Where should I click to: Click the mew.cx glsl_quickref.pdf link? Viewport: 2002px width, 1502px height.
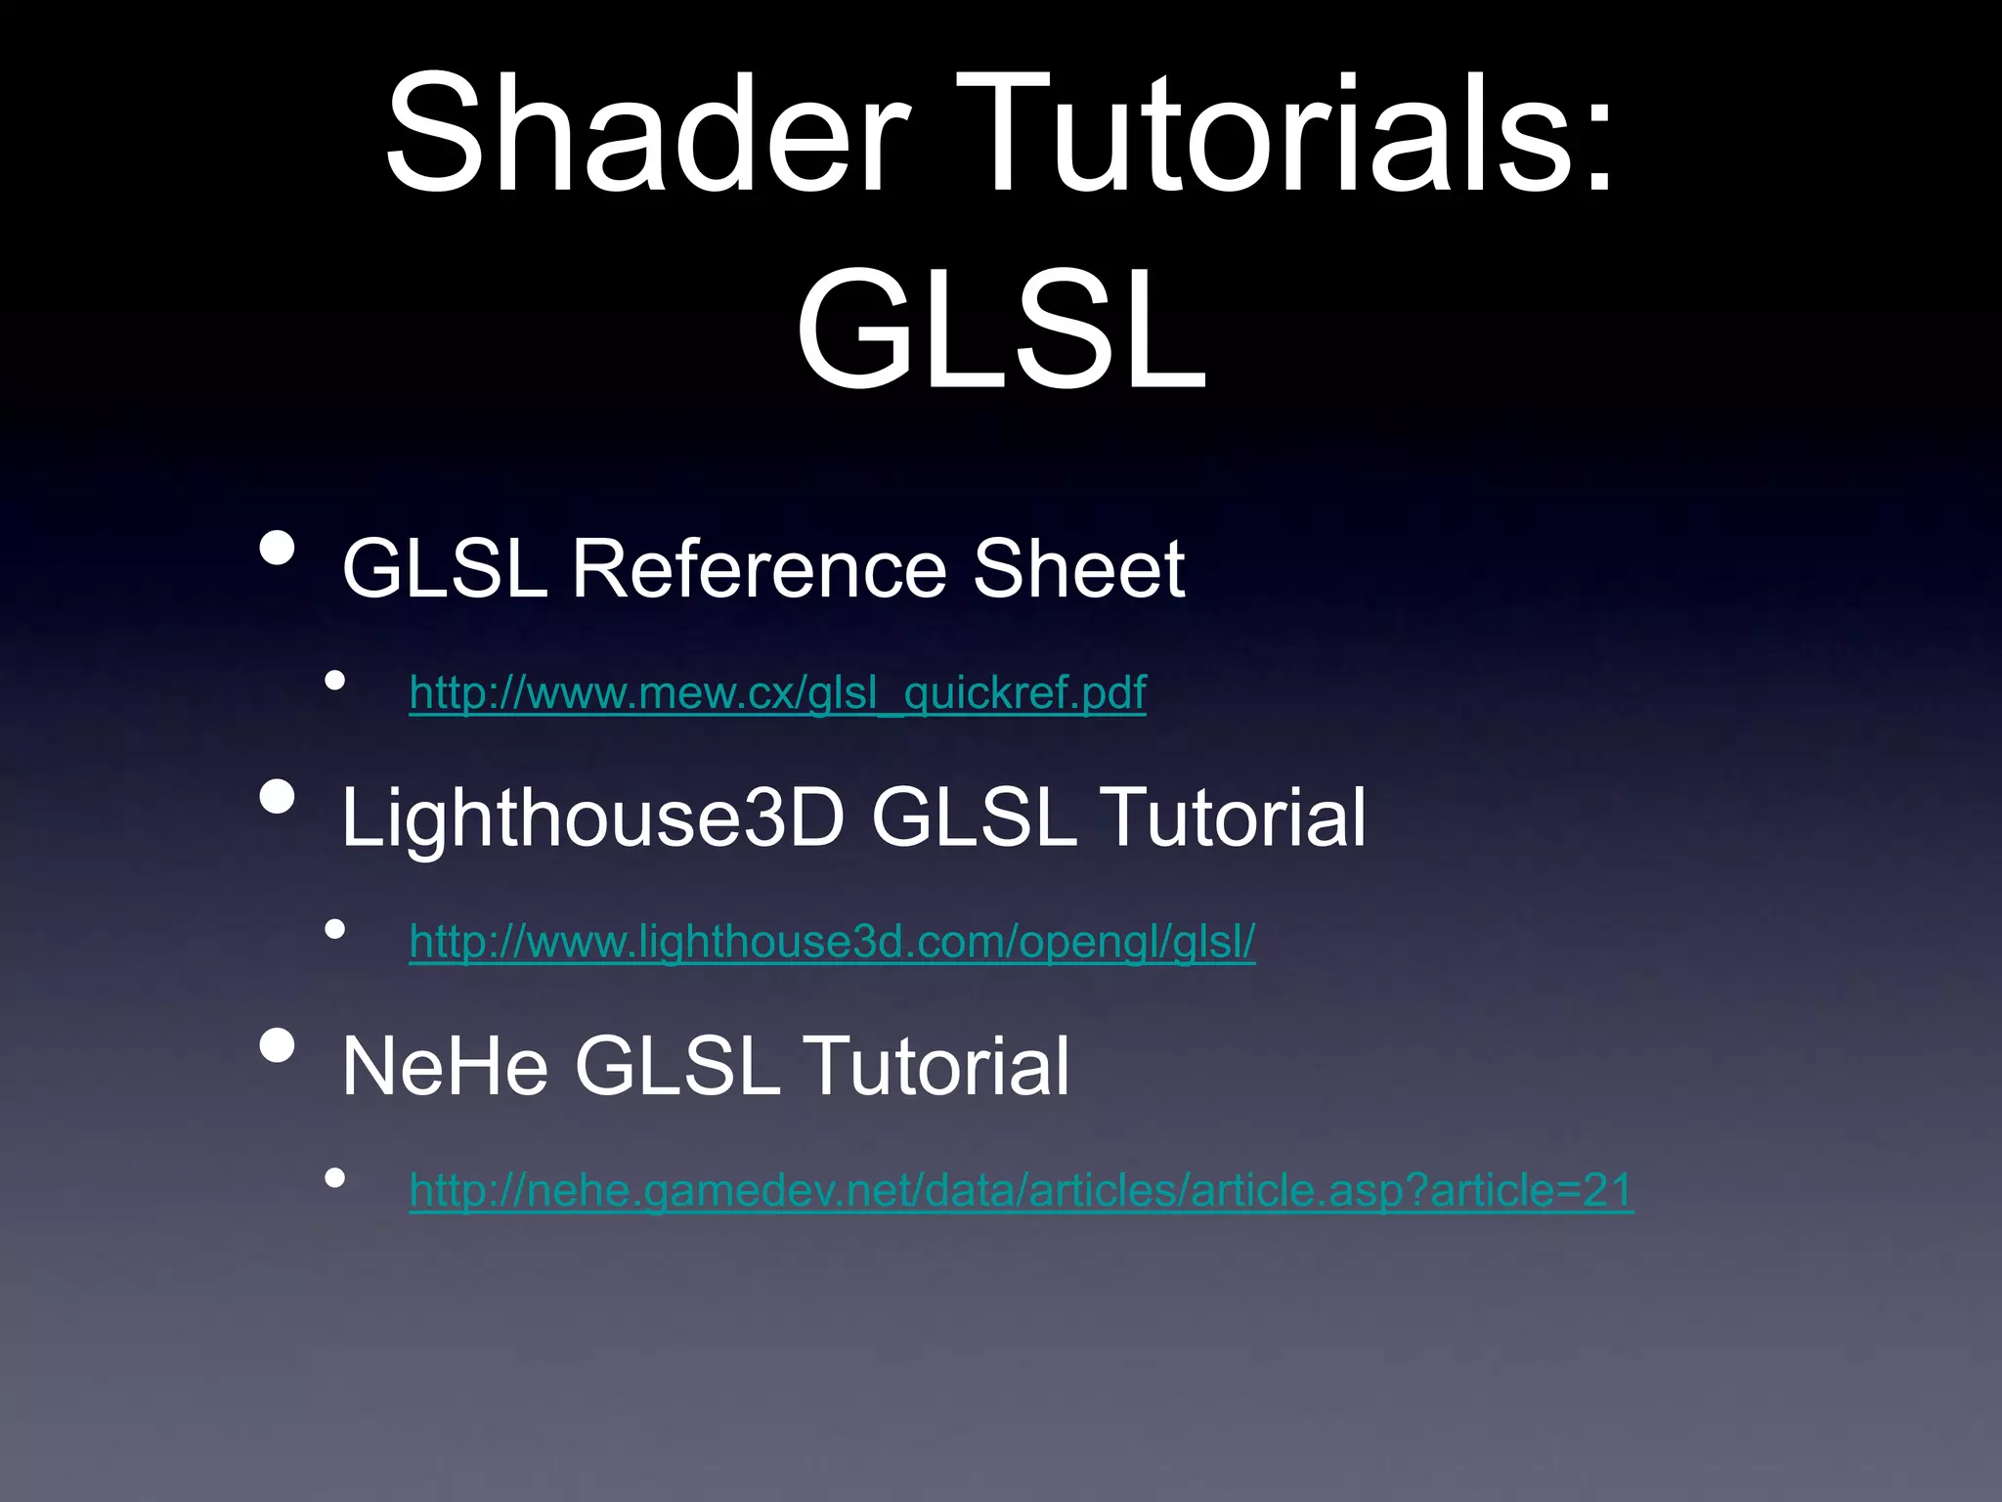(x=777, y=692)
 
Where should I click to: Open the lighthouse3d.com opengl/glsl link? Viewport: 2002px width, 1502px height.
(x=832, y=941)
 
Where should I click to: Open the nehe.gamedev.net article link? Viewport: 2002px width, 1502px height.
(x=1021, y=1190)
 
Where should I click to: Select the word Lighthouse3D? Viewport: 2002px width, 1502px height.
(x=592, y=817)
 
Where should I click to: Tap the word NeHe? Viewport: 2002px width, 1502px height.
(x=445, y=1066)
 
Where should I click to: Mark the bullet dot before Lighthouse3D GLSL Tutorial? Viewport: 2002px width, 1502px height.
(x=278, y=797)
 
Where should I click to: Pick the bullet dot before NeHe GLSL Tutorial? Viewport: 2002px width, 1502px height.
(x=278, y=1045)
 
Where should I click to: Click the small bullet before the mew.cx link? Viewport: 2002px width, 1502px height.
(x=335, y=681)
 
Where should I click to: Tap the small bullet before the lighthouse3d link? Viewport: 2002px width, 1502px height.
(x=335, y=929)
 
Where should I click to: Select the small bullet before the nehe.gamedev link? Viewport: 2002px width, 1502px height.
(x=335, y=1178)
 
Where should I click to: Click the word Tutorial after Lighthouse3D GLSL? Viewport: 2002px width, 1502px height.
(x=1235, y=817)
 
